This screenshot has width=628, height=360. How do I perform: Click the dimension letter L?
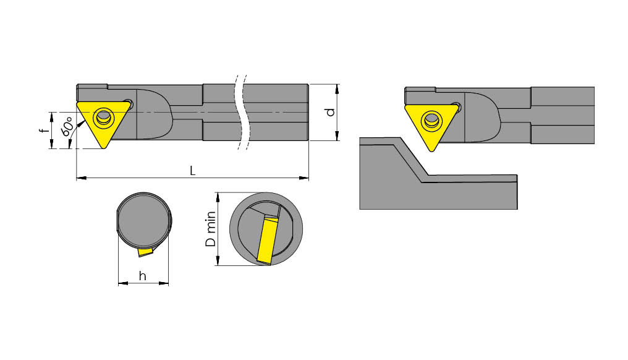[192, 171]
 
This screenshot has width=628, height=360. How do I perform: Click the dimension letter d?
[330, 112]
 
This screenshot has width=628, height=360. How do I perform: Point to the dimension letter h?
[143, 276]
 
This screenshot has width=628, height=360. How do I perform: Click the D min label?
[211, 229]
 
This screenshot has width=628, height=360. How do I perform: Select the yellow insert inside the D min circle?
[267, 239]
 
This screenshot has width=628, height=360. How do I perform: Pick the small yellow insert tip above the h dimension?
[146, 252]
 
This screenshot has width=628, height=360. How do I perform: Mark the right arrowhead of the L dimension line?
[305, 179]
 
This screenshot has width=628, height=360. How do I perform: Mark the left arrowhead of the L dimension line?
[80, 179]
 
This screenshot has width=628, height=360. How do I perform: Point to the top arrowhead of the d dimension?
[337, 87]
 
